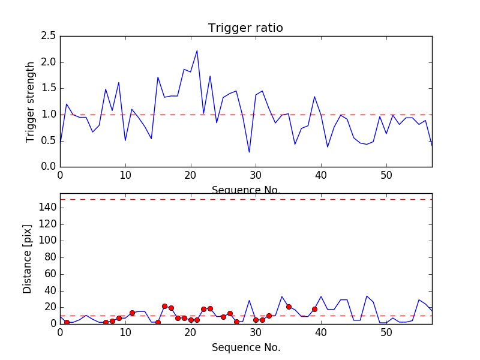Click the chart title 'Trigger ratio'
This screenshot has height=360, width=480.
(245, 28)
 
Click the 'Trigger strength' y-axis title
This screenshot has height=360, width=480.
(31, 101)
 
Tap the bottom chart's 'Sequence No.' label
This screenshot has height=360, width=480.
(245, 347)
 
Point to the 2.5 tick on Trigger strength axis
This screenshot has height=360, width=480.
(49, 36)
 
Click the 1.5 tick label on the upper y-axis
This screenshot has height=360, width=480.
(49, 88)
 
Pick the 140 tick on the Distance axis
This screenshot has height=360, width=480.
(47, 208)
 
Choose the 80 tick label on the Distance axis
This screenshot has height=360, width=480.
(49, 257)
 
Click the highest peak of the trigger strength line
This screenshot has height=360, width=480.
(197, 50)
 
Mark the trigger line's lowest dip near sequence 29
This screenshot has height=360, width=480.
(249, 152)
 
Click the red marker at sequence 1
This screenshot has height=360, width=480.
(67, 323)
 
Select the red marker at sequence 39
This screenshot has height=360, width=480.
(314, 309)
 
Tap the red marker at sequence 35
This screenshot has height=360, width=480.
(289, 307)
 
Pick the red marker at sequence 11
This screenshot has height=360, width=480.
(132, 313)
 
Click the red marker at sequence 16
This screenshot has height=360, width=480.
(164, 306)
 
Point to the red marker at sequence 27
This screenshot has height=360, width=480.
(236, 322)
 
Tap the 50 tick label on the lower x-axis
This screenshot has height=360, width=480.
(386, 333)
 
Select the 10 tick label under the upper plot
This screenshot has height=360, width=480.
(125, 176)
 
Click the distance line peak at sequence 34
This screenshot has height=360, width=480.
(282, 296)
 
